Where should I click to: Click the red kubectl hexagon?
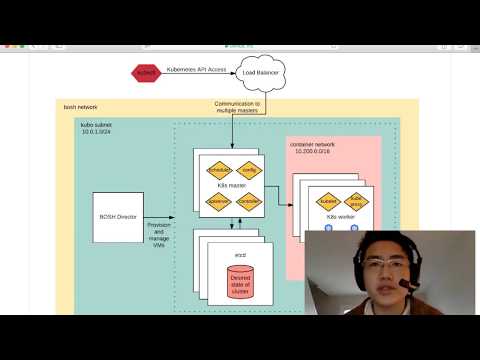147,73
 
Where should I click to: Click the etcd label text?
241,242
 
